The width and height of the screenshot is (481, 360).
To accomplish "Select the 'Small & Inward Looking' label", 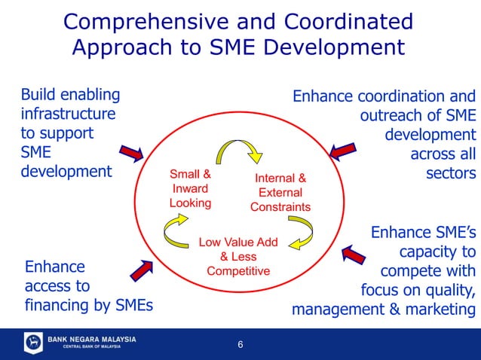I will click(x=190, y=188).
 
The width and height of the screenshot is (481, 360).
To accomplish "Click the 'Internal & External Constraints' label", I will click(x=280, y=193).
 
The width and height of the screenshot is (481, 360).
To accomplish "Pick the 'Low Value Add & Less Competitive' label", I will click(x=238, y=257).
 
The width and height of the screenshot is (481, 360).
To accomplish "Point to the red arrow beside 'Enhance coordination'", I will click(x=344, y=148).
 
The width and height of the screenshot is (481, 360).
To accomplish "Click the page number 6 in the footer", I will click(x=240, y=345).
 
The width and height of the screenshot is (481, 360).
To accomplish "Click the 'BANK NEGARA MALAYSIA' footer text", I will click(x=92, y=340).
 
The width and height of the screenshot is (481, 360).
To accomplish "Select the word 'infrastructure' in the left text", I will click(x=68, y=114).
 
